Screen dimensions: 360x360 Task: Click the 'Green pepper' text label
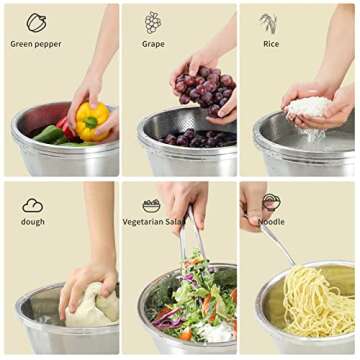click(x=36, y=44)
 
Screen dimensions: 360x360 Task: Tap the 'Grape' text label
click(x=153, y=44)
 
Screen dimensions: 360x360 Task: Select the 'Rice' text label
click(x=270, y=44)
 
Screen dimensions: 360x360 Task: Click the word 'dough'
click(x=33, y=221)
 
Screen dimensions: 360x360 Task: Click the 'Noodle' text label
click(x=271, y=221)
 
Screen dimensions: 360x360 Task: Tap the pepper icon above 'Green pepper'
click(x=36, y=22)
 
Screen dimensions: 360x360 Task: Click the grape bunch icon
click(x=153, y=22)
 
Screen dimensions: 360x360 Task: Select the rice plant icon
click(x=269, y=22)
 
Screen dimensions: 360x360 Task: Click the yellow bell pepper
click(x=92, y=121)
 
